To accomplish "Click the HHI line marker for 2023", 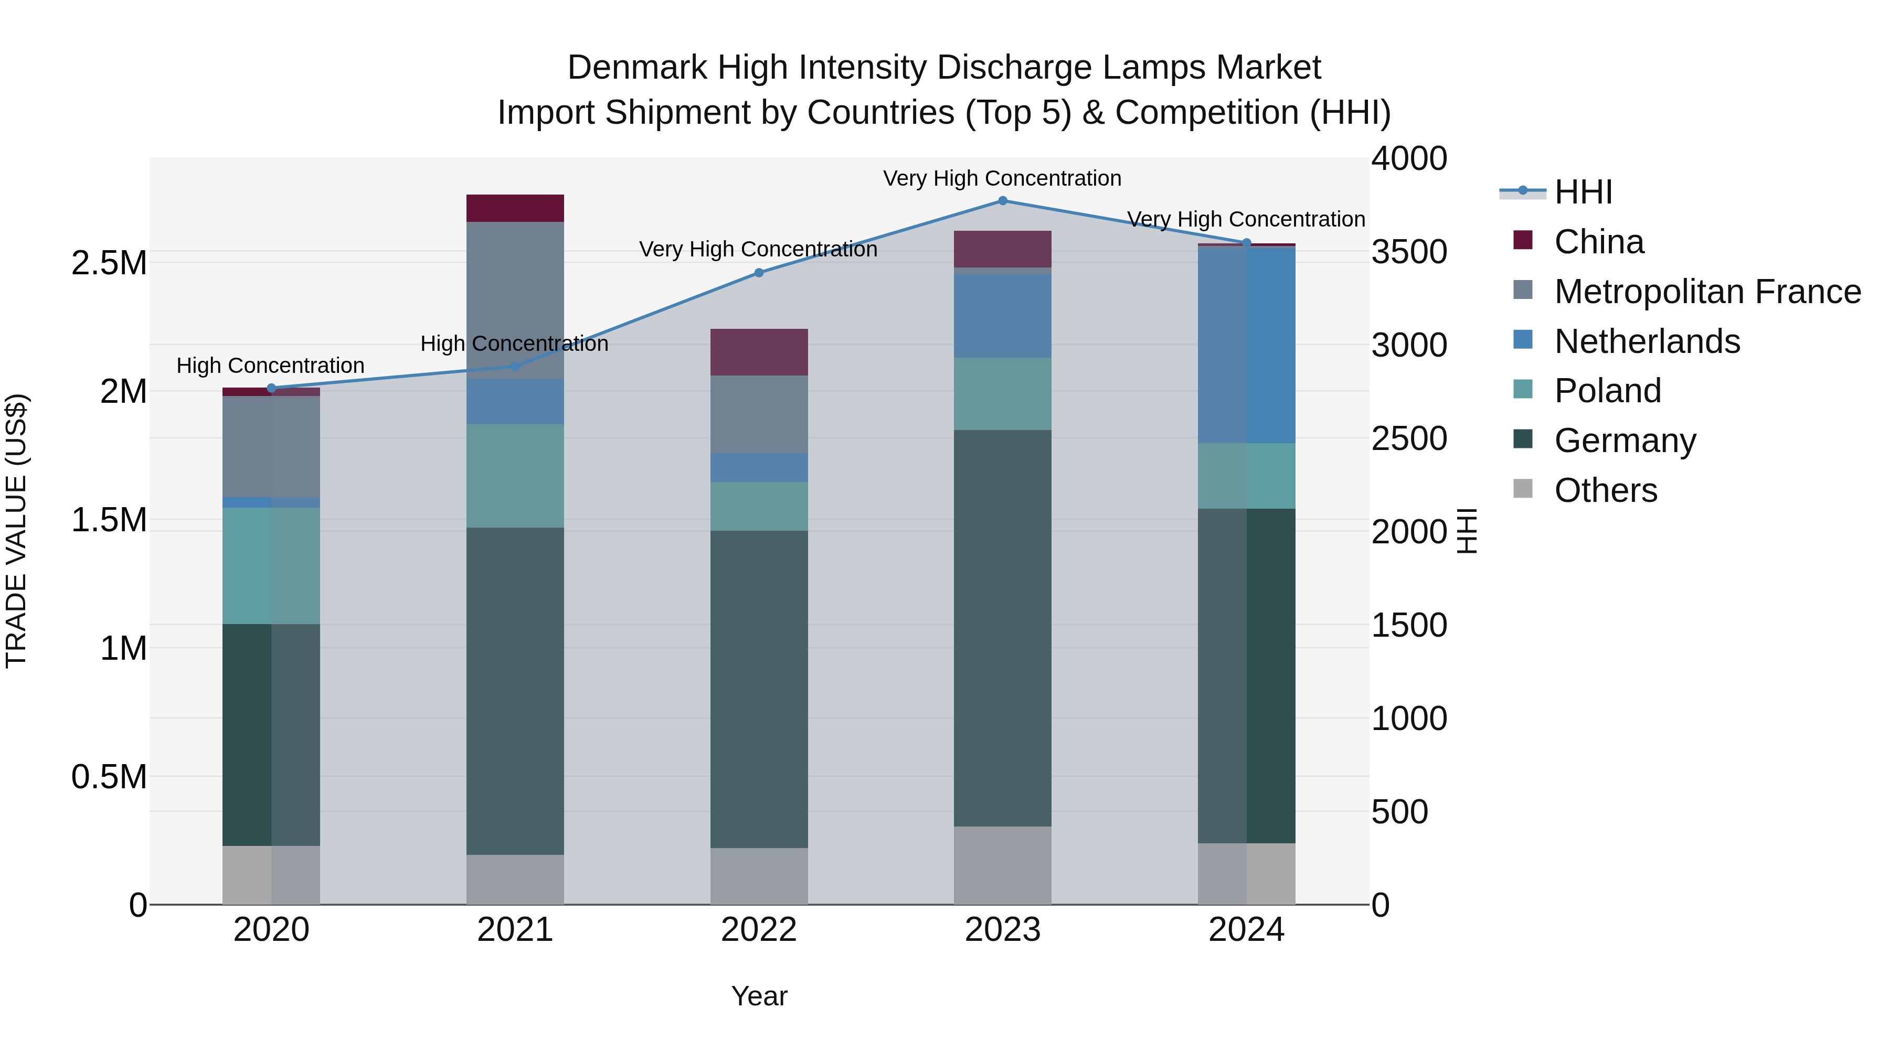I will click(x=1002, y=201).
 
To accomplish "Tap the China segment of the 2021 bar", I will click(x=515, y=208).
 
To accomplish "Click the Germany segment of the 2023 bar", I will click(x=1002, y=628).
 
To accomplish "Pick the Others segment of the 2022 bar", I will click(x=759, y=876).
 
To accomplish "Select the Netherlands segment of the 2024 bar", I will click(x=1247, y=345).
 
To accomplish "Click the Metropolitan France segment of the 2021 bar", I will click(x=515, y=300).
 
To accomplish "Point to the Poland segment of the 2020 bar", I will click(x=271, y=566).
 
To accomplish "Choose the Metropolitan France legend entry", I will click(x=1707, y=292).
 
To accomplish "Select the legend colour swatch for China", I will click(x=1523, y=240).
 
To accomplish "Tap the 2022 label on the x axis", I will click(x=759, y=930).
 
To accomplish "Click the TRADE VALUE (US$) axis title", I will click(x=16, y=531).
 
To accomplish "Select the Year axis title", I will click(x=759, y=996).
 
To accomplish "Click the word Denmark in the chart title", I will click(x=637, y=68).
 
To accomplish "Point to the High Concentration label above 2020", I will click(x=271, y=365).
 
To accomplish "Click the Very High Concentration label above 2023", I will click(x=1002, y=178).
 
